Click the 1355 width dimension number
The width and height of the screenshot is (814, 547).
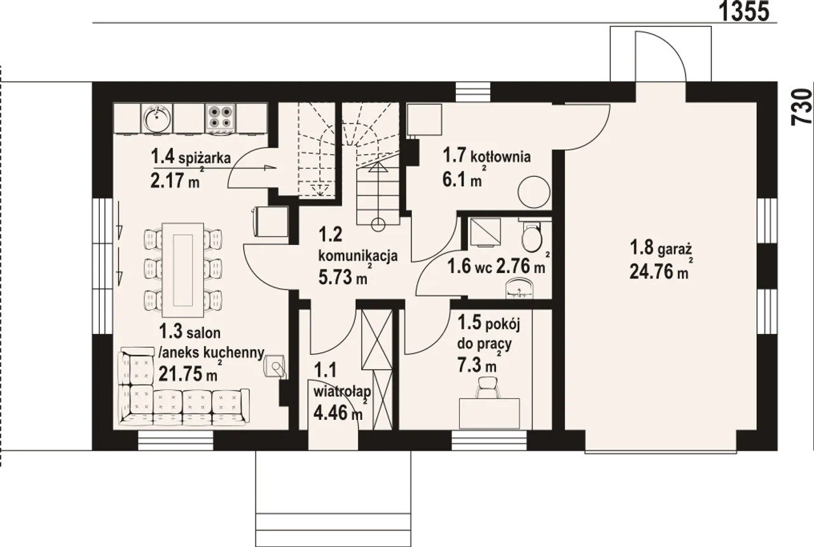745,11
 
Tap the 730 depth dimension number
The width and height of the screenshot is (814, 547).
802,107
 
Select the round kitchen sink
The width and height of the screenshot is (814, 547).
156,118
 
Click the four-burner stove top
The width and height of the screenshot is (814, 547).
219,118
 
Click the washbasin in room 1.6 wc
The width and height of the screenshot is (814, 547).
520,288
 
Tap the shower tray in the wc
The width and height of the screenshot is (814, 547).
485,232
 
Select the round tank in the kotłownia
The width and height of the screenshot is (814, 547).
534,192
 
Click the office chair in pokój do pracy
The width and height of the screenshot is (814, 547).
487,388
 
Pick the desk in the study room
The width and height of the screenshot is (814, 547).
489,413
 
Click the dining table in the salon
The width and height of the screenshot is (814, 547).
183,270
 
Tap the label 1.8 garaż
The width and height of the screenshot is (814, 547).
660,249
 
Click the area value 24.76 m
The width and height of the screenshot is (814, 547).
658,272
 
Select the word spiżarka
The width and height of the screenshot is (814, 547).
205,158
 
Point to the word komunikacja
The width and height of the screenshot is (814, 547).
358,256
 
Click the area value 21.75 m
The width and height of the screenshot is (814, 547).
188,373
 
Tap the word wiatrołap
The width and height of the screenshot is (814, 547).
342,392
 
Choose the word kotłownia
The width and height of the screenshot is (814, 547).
500,156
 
